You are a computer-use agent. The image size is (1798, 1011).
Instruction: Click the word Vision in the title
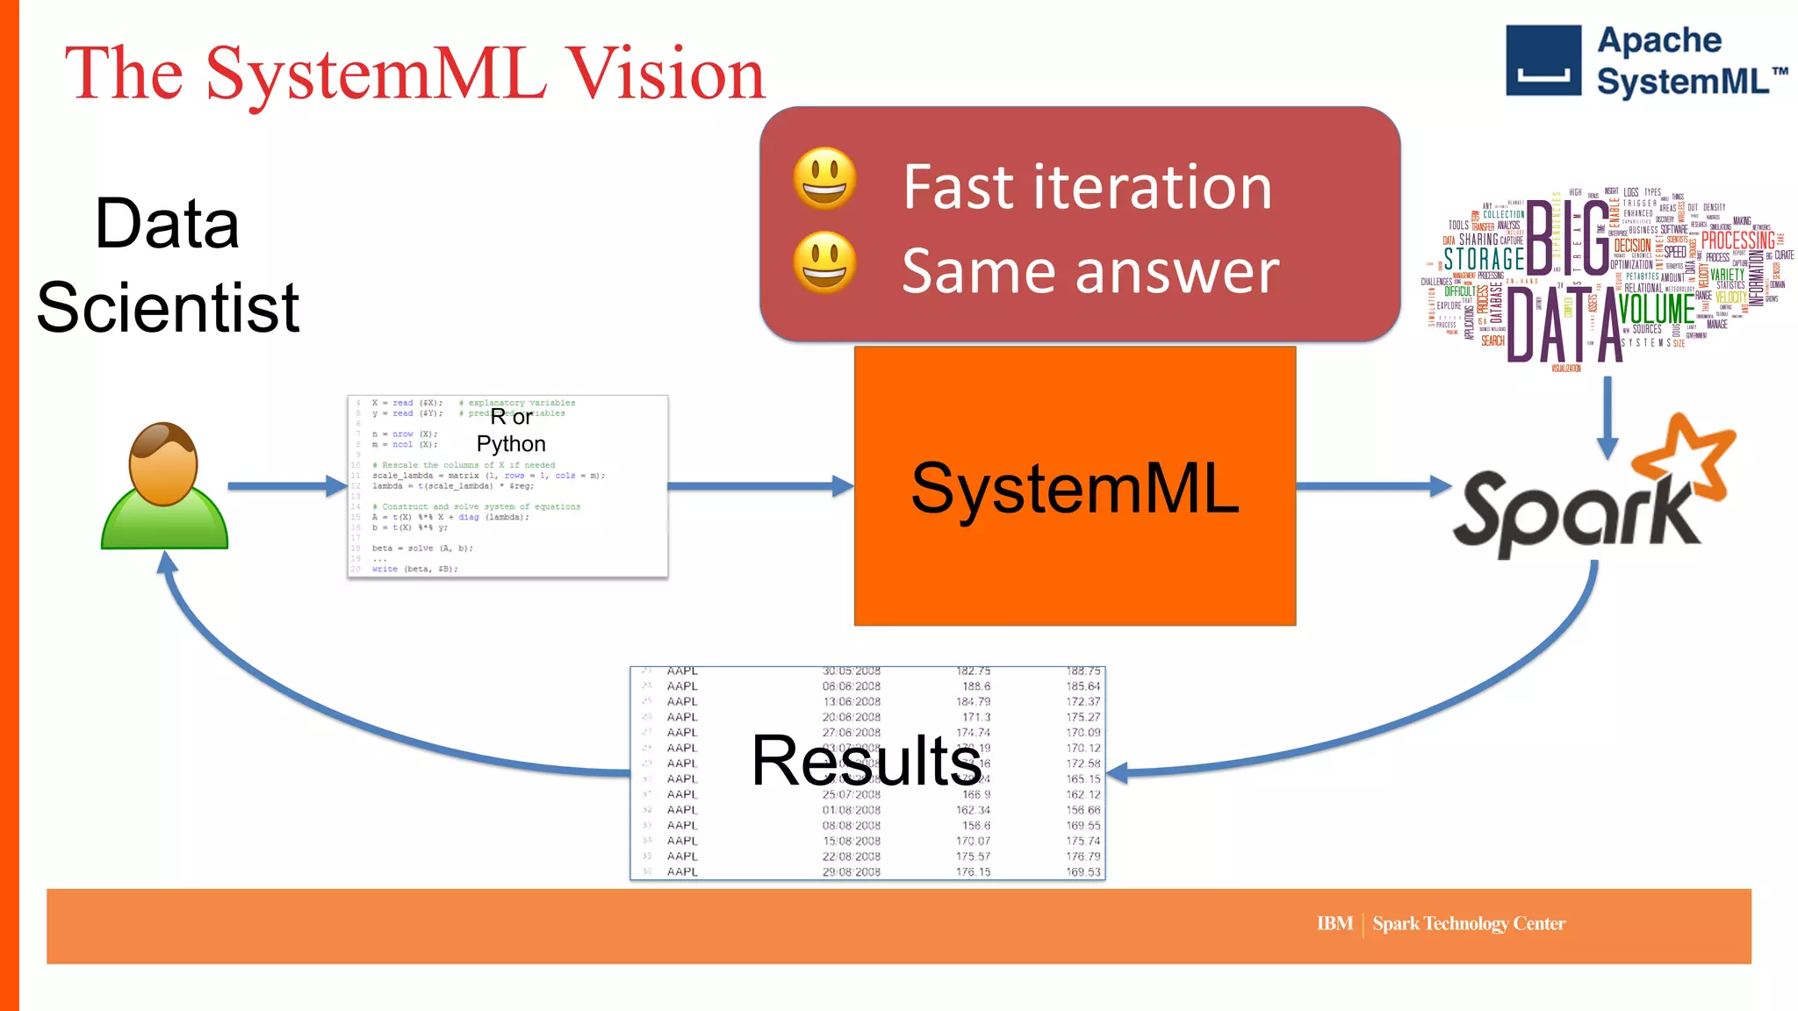665,74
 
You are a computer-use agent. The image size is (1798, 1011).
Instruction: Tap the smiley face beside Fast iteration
824,178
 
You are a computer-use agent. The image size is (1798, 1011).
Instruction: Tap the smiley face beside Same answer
824,262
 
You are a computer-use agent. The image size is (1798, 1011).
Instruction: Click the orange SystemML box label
1075,488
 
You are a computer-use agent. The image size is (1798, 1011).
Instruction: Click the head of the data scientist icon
163,463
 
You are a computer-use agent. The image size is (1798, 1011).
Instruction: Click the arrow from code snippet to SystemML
760,485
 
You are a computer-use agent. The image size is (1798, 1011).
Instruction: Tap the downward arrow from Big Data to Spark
1607,418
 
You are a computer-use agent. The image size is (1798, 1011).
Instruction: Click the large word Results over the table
866,761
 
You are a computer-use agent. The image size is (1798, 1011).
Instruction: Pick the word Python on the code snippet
511,444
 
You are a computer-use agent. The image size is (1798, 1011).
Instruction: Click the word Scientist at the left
168,307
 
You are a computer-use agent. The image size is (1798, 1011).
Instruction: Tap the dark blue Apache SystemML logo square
1543,61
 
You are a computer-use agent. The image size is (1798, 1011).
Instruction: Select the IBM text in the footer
1334,923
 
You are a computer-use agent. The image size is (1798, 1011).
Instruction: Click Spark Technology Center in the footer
1469,923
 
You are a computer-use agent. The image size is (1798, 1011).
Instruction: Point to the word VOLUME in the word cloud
1656,308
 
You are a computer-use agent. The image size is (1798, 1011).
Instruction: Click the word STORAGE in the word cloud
1484,258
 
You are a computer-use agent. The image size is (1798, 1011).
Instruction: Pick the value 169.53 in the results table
1082,871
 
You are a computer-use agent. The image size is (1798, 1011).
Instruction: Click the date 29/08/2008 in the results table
851,871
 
